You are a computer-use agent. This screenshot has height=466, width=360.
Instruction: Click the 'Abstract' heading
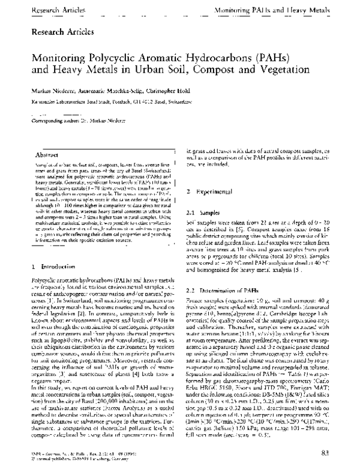click(47, 154)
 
